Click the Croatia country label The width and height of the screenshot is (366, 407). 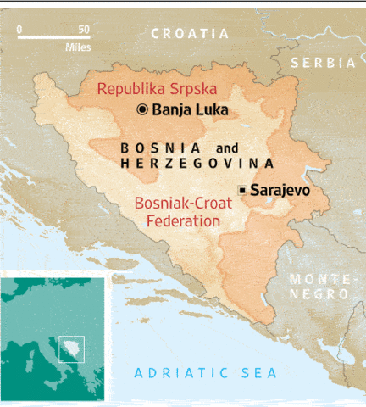pos(190,33)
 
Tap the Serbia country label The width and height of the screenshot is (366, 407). pos(323,62)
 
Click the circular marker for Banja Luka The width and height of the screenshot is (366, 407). pos(142,109)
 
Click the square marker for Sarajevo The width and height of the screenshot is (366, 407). pos(243,190)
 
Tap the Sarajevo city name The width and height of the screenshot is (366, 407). pos(279,190)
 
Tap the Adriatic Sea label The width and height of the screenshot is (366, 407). pos(206,373)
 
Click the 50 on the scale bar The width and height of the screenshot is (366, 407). pos(83,29)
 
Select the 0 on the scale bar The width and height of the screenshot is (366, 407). pos(19,29)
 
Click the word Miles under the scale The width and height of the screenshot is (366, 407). pos(77,47)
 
